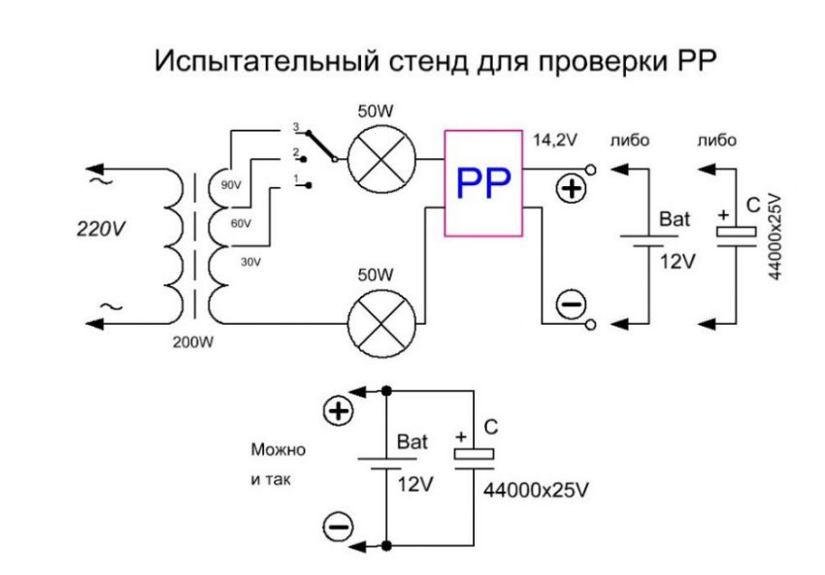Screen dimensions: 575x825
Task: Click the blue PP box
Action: coord(482,181)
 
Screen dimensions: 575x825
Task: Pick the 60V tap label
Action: coord(240,223)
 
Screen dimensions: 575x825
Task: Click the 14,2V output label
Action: coord(556,140)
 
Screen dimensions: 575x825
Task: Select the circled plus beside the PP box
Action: coord(574,189)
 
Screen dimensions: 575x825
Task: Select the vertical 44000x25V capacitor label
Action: coord(775,235)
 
